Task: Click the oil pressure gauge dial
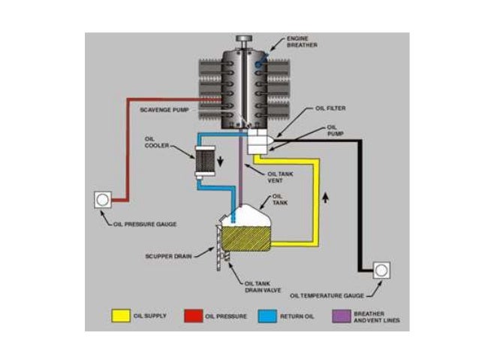pyautogui.click(x=102, y=201)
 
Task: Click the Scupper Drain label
pyautogui.click(x=167, y=256)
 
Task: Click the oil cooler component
pyautogui.click(x=204, y=160)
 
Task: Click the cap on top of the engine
pyautogui.click(x=244, y=38)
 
